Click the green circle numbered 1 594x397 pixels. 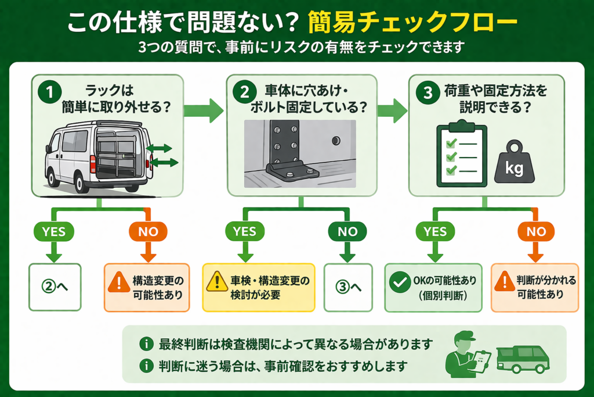50,92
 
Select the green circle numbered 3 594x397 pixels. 427,92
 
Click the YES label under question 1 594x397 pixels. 53,231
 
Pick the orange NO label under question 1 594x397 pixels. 148,231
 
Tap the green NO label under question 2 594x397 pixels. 348,231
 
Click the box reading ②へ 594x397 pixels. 55,288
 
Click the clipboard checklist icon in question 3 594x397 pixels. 461,153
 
